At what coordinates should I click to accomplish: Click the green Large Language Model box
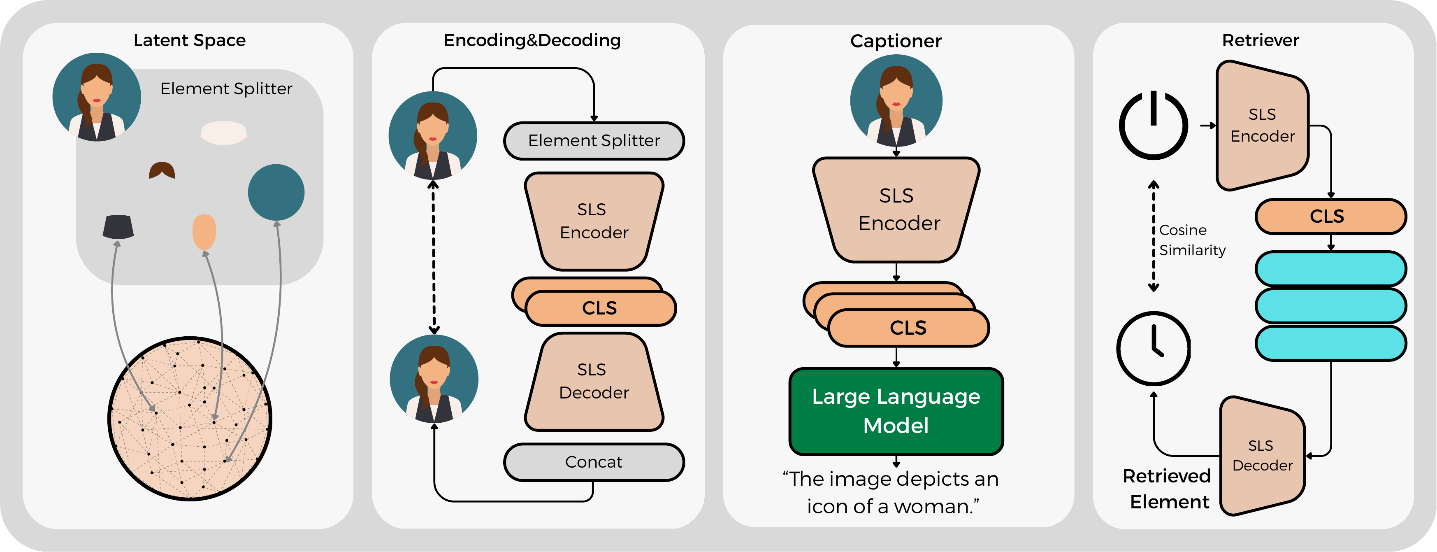click(x=896, y=411)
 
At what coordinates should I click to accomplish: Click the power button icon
click(x=1153, y=125)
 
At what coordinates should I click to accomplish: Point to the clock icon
click(x=1153, y=348)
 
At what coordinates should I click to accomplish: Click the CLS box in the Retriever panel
click(x=1330, y=217)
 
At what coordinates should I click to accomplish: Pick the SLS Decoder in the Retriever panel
click(x=1263, y=455)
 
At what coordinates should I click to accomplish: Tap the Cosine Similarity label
click(x=1192, y=240)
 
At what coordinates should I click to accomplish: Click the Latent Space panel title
click(x=190, y=40)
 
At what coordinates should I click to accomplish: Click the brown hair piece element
click(x=162, y=170)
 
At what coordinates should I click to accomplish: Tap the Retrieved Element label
click(x=1167, y=489)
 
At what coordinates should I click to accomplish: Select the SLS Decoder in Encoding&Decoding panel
click(x=594, y=382)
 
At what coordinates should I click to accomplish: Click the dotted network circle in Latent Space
click(x=190, y=419)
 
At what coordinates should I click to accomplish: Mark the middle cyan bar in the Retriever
click(x=1330, y=306)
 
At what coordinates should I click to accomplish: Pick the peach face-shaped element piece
click(x=204, y=232)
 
